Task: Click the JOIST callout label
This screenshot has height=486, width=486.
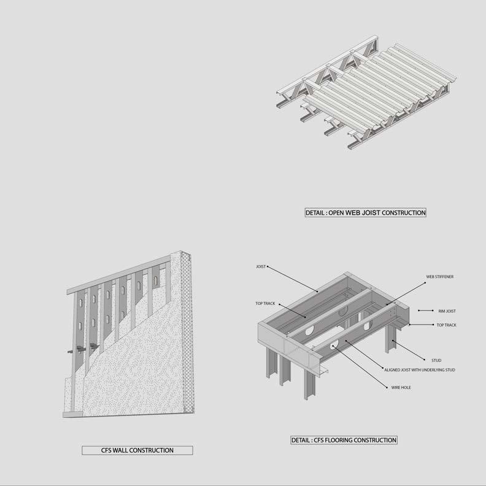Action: point(261,266)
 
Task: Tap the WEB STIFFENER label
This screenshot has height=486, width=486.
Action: point(439,277)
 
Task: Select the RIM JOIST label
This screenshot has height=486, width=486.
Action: point(447,311)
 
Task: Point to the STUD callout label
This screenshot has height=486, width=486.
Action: point(436,360)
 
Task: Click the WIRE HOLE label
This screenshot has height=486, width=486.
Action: point(401,387)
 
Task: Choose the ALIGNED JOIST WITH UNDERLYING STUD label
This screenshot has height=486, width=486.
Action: point(420,370)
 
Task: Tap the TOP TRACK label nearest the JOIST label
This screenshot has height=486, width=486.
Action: point(265,304)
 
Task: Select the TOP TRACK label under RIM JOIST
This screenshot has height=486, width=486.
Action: point(446,325)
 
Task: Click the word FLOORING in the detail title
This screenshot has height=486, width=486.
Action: point(337,441)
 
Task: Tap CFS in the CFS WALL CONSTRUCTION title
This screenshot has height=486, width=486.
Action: point(106,450)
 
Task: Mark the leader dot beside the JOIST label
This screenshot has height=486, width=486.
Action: point(268,266)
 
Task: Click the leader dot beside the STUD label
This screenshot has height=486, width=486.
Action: point(425,360)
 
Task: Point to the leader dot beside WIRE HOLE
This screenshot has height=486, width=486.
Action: point(387,387)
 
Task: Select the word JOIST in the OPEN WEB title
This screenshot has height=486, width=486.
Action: point(372,213)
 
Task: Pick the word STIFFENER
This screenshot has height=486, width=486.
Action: point(444,277)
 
